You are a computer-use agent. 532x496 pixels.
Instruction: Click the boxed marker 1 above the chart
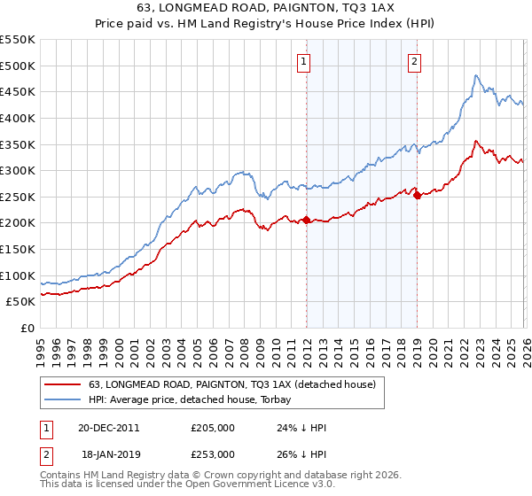tap(304, 62)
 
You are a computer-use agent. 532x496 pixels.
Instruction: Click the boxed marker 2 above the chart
tap(414, 62)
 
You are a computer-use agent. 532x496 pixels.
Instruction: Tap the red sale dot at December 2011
tap(306, 220)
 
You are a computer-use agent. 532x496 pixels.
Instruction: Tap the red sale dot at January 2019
tap(417, 195)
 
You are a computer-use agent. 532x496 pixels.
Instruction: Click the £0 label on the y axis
tap(27, 328)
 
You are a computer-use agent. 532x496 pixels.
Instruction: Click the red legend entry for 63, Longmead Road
tap(232, 384)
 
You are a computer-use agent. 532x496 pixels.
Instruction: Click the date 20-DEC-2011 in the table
tap(108, 427)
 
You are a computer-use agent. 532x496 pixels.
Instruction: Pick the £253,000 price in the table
tap(213, 453)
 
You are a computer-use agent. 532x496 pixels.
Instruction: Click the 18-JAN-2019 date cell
tap(108, 453)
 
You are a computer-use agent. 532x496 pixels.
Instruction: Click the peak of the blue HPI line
tap(476, 75)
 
